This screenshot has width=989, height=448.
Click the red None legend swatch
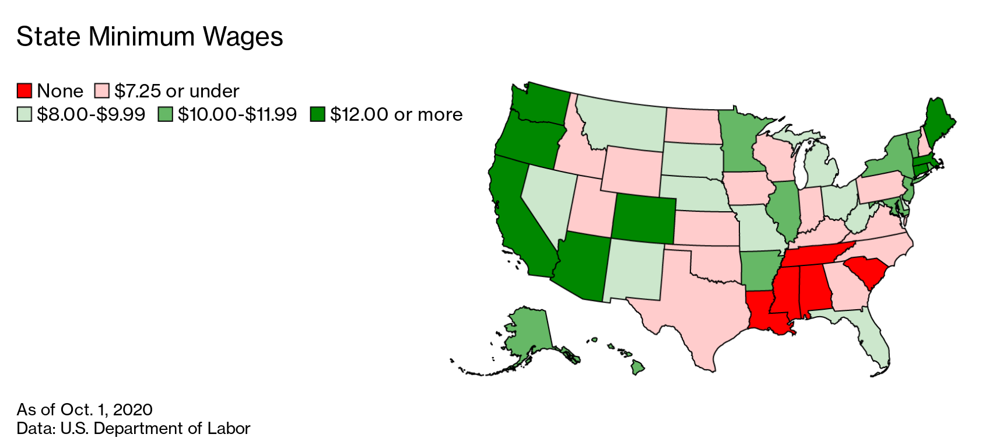click(x=24, y=91)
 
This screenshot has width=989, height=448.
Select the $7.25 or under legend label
click(x=177, y=91)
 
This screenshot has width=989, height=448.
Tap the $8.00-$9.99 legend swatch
click(x=24, y=114)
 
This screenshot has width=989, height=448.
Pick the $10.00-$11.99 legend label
click(x=237, y=114)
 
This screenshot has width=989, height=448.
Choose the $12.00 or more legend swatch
click(x=317, y=114)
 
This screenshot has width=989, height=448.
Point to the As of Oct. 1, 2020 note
click(x=85, y=409)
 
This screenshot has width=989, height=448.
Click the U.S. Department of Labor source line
click(x=133, y=428)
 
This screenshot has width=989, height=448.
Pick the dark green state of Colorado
click(x=643, y=218)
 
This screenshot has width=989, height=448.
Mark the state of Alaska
click(x=528, y=332)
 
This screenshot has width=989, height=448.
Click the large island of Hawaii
click(x=638, y=367)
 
